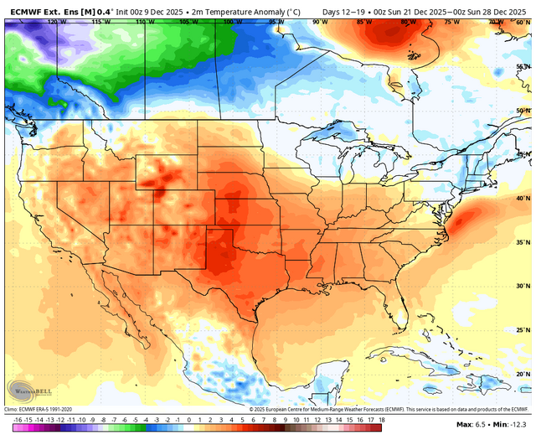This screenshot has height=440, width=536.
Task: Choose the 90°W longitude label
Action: pos(319,21)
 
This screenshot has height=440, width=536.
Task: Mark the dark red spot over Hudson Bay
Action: pos(388,34)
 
